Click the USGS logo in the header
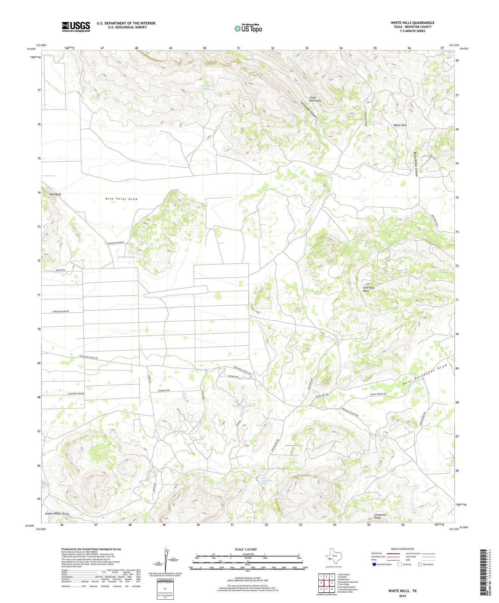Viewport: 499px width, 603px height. tap(76, 27)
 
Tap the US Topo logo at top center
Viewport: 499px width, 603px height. tap(248, 28)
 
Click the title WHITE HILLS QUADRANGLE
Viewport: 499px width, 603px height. tap(413, 23)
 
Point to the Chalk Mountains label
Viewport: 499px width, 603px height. tap(315, 99)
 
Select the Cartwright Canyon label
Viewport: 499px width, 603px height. tap(309, 110)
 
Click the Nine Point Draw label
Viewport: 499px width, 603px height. tap(121, 199)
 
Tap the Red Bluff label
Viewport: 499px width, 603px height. tap(56, 194)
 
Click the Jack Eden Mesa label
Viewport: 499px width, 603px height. tap(369, 289)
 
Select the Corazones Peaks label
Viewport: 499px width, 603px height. tap(380, 516)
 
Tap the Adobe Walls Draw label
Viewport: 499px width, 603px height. tap(57, 514)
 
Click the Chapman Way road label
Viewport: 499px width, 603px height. tap(166, 391)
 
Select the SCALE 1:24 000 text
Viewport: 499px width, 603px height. tap(248, 549)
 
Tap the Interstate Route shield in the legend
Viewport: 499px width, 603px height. tap(374, 564)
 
